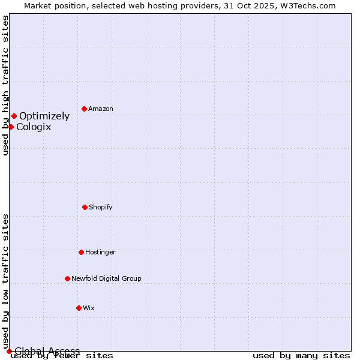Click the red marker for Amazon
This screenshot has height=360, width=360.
84,109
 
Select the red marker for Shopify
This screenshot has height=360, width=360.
85,207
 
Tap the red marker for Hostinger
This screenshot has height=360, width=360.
81,252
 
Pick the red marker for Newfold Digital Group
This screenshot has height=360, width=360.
67,278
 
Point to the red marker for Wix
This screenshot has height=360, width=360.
79,308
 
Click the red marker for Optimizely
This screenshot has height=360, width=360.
14,116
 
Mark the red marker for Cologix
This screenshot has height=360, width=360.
11,127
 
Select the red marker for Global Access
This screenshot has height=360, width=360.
9,351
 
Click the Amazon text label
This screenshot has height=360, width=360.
101,109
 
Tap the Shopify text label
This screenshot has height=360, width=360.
101,208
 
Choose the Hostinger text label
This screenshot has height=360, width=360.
100,253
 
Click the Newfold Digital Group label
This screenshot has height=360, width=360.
106,279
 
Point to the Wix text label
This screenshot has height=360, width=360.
89,308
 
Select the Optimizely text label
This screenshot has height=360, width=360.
44,116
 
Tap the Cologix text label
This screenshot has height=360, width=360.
34,127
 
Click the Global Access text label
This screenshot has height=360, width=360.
47,351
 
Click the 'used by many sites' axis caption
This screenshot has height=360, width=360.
301,356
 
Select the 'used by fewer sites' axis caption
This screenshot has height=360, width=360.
62,356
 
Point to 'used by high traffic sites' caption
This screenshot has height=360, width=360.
5,85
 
